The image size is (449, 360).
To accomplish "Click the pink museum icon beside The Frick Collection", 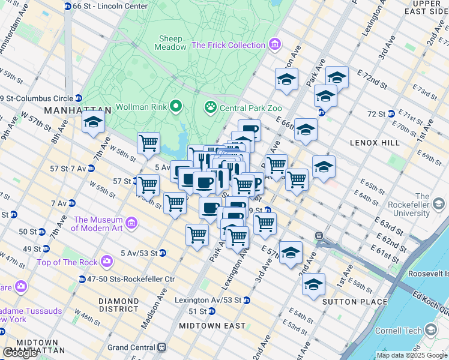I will point(275,45).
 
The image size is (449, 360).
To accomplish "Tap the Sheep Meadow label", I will point(170,43).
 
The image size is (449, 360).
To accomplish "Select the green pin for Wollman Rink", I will point(176,107).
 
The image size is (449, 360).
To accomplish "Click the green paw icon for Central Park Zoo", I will point(211,108).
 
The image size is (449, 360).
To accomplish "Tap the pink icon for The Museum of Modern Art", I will point(132,224).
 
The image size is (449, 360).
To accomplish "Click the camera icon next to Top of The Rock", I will point(107,261).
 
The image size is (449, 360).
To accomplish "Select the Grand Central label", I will point(131,347).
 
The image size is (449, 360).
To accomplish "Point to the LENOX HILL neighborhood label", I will point(373,143).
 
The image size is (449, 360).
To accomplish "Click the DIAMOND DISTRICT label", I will point(118,305).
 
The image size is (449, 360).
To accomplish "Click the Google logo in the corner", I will point(20,353).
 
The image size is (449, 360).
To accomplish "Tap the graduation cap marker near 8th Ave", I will point(93,122).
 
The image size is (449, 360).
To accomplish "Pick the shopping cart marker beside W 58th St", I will point(148,143).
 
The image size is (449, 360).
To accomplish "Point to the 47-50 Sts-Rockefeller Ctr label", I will point(131,279).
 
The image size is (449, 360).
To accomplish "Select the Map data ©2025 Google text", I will point(412,355).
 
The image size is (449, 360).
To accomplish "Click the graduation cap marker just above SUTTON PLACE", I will point(313,284).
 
